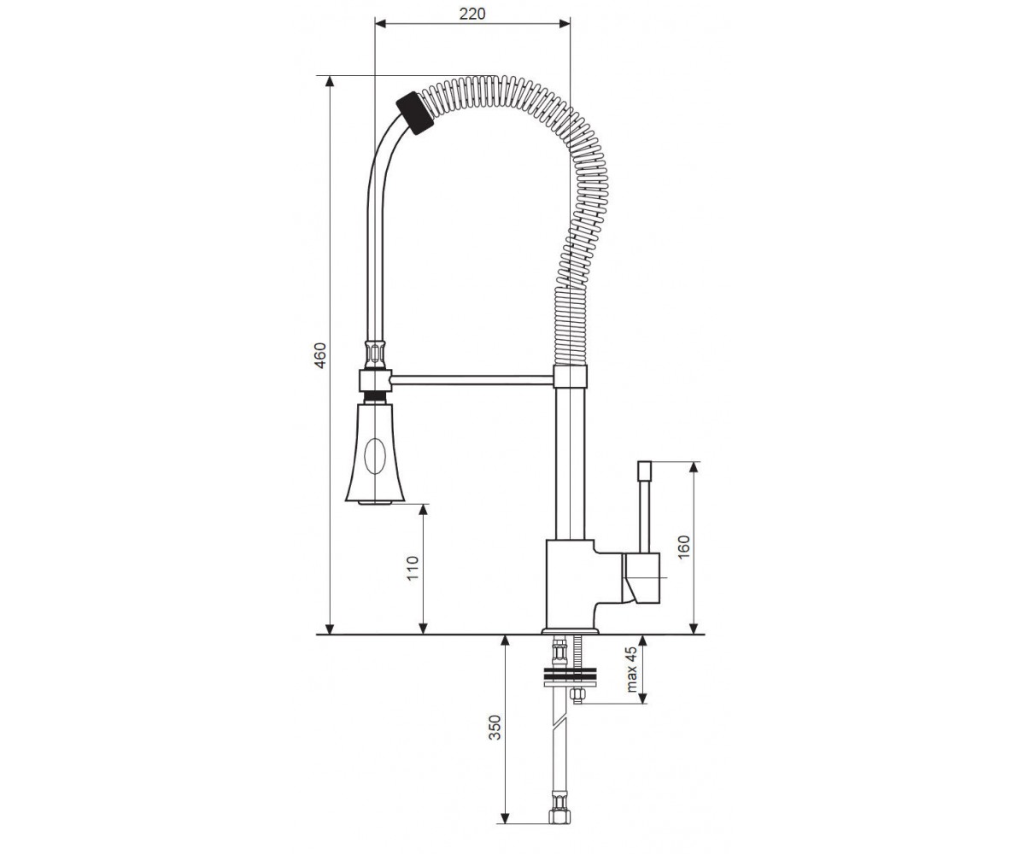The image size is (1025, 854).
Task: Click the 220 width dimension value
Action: click(x=472, y=14)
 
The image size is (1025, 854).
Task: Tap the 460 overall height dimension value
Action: click(x=319, y=355)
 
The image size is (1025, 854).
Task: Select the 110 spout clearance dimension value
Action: click(x=413, y=568)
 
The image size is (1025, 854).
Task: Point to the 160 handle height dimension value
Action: click(x=683, y=547)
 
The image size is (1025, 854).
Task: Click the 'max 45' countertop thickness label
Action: click(x=631, y=670)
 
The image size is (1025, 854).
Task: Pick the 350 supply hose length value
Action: click(x=495, y=728)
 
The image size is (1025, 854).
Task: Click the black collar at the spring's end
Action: click(x=415, y=114)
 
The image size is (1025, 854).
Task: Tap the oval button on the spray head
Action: click(x=375, y=456)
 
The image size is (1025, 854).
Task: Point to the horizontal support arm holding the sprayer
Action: click(x=471, y=379)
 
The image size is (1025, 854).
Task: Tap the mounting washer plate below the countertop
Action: click(x=571, y=676)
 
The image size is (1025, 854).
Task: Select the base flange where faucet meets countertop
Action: click(x=571, y=631)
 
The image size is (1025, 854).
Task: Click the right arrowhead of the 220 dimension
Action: click(x=565, y=24)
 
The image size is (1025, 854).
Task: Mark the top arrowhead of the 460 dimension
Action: click(x=330, y=81)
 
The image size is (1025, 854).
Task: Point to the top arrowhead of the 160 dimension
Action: click(x=694, y=467)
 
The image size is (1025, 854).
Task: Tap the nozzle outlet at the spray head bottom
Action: click(x=375, y=502)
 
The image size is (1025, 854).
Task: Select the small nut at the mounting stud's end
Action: click(x=577, y=695)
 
